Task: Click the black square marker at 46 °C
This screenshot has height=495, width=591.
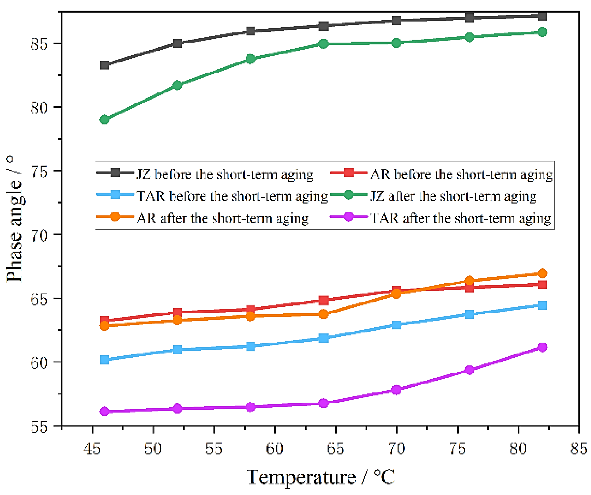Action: coord(104,65)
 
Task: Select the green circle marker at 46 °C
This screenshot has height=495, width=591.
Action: coord(104,119)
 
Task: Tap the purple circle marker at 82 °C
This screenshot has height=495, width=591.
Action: coord(542,347)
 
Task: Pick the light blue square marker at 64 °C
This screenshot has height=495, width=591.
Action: coord(324,338)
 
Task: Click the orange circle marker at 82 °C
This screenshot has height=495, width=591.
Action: coord(542,273)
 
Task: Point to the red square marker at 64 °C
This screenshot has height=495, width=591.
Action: coord(324,300)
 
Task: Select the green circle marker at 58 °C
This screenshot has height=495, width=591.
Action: coord(250,59)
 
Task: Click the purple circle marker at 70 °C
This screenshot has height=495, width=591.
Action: coord(397,390)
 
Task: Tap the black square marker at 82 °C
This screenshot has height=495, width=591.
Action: coord(542,16)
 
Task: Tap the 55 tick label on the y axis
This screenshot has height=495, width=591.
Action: coord(39,426)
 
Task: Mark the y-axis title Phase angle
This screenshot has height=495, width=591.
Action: coord(14,219)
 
